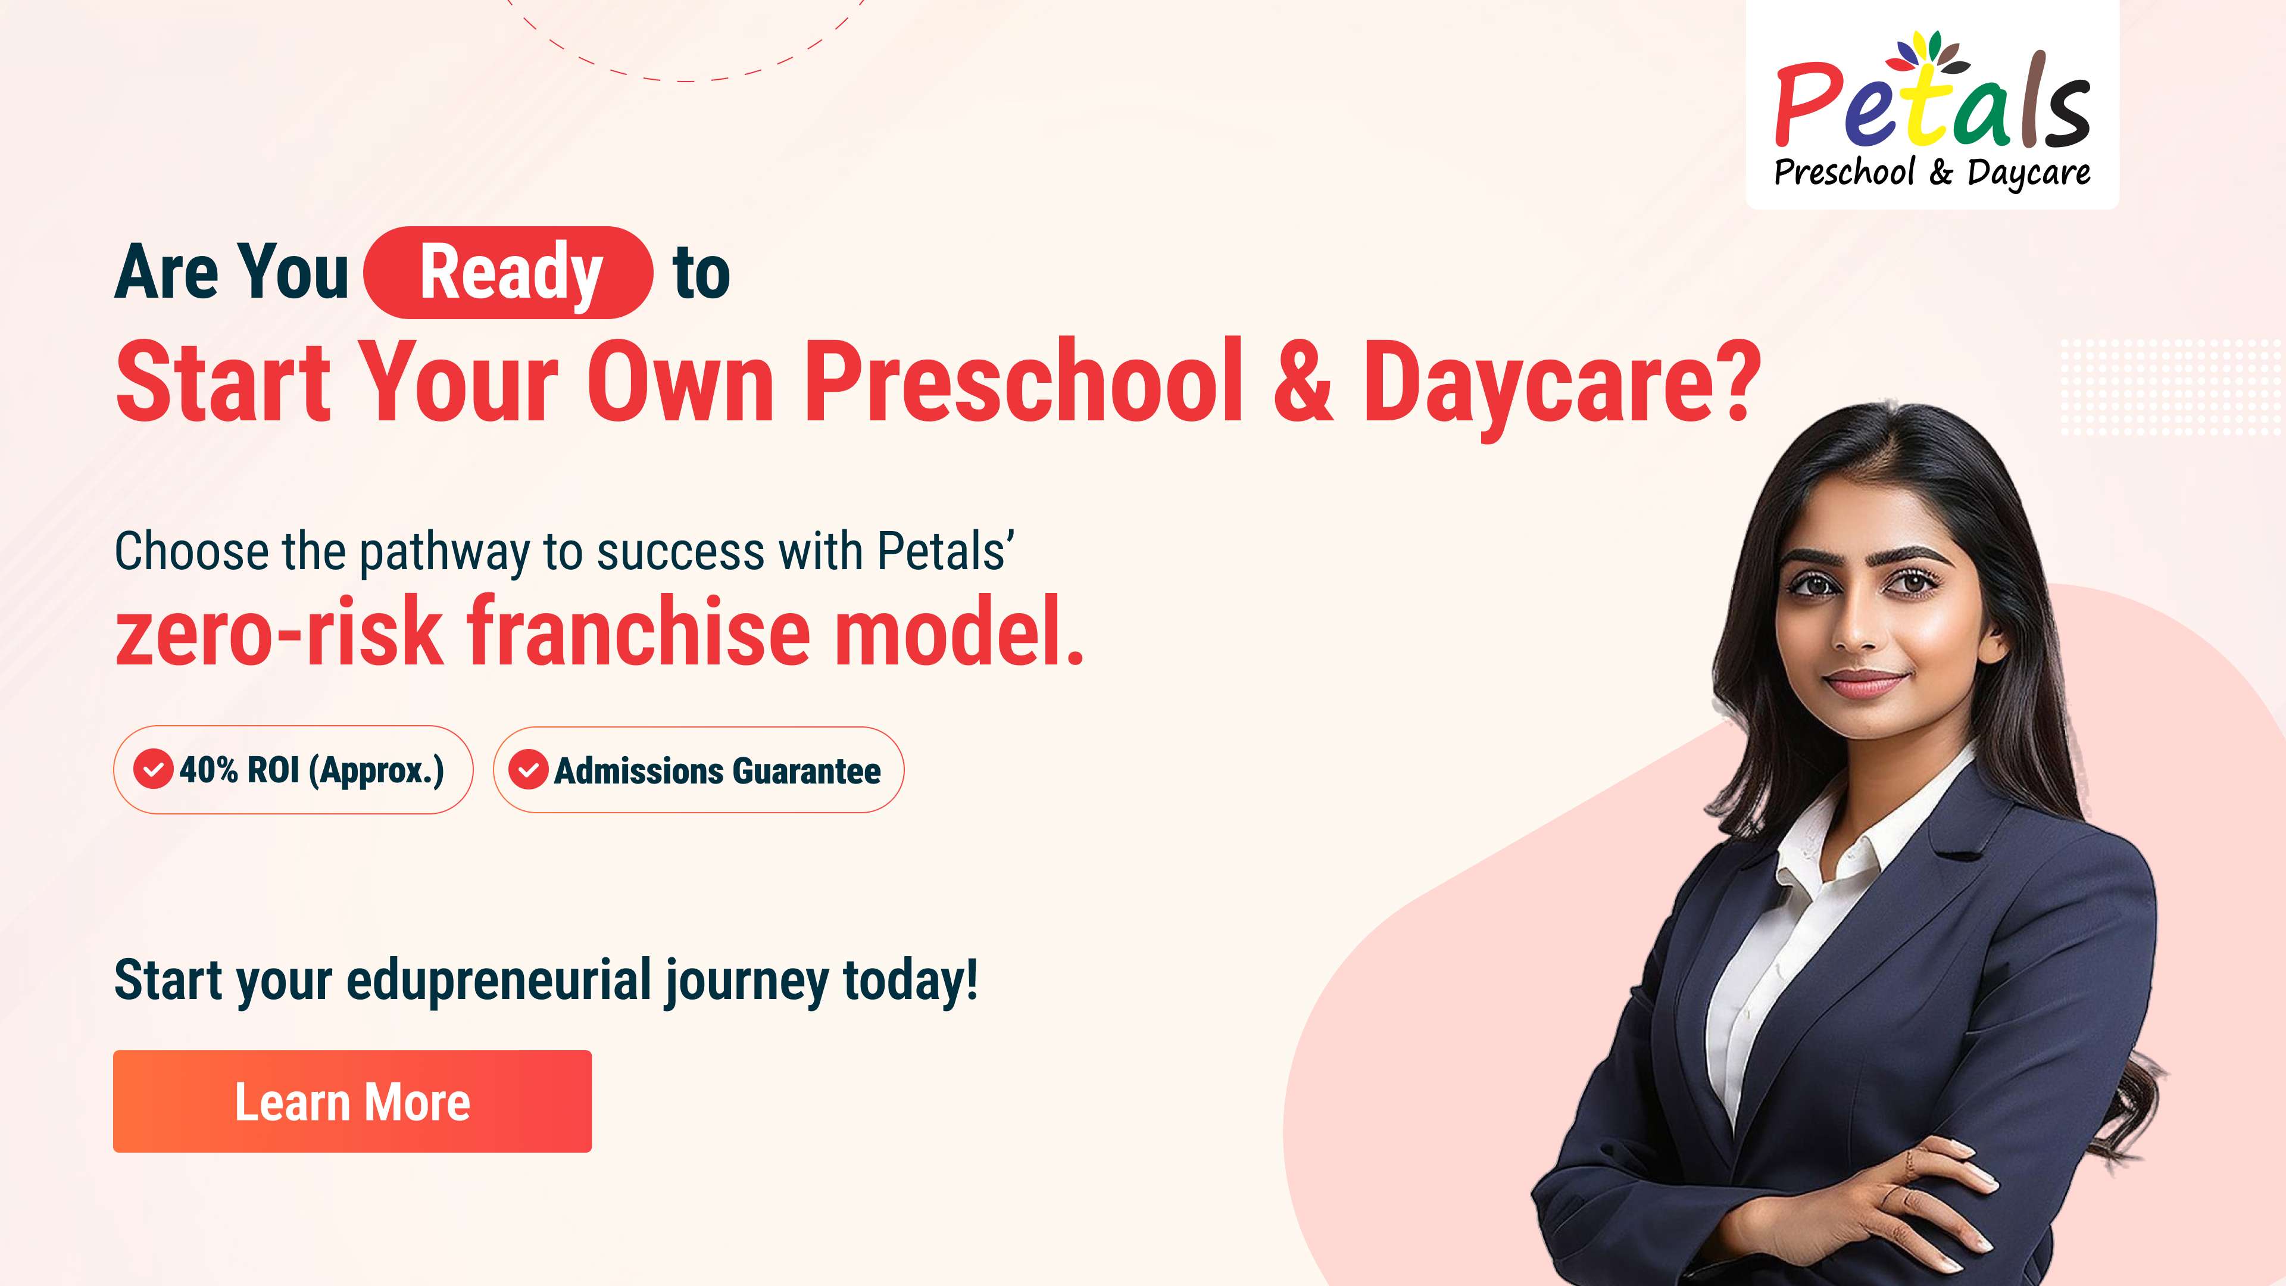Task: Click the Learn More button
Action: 352,1101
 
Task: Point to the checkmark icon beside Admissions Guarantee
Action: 528,769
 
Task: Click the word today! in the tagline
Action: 910,982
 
